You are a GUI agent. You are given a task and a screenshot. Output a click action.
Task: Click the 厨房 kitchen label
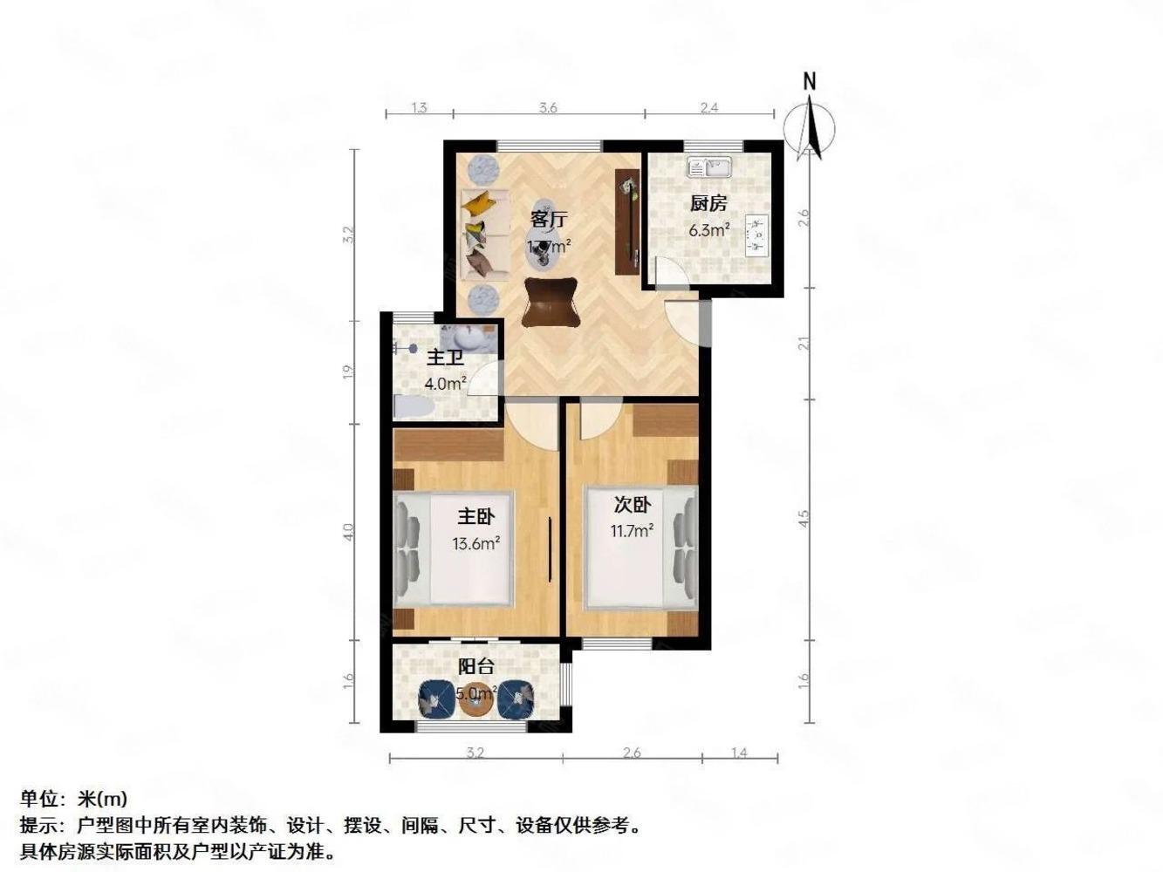coord(708,204)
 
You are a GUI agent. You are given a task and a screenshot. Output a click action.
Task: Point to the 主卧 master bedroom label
coord(475,517)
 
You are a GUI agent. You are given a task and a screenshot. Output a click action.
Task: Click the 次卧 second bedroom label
coord(632,504)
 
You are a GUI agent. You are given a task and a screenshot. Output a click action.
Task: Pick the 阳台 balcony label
coord(476,667)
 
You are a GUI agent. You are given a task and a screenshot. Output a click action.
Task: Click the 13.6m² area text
coord(475,544)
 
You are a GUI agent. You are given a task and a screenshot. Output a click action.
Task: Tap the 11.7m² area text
coord(633,530)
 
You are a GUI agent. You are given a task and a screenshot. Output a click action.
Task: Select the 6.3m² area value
coord(708,231)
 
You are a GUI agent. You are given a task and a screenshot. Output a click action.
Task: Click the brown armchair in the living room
coord(551,302)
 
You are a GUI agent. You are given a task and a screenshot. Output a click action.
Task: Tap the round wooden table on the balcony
coord(476,703)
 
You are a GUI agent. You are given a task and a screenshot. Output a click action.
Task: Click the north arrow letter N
coord(810,82)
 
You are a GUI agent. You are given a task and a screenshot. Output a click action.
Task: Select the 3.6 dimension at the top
coord(548,108)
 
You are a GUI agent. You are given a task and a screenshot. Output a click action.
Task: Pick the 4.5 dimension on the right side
coord(804,518)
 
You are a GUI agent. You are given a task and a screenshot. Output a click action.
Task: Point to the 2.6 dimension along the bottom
coord(632,753)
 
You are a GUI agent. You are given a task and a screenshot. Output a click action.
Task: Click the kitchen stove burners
coord(757,234)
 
